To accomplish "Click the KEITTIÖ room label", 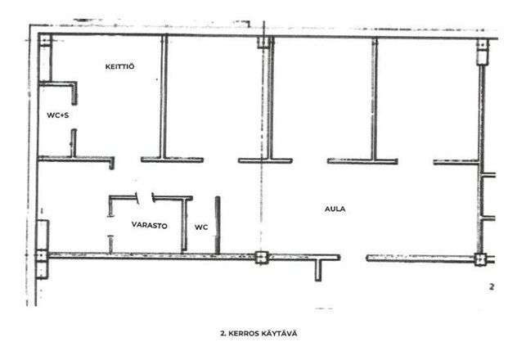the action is tap(119, 66).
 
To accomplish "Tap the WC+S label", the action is tap(58, 115).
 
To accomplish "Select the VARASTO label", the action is tap(150, 225).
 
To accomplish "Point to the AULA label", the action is tap(335, 209).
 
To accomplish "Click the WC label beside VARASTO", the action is tap(201, 227).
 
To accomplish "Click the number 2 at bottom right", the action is tap(492, 287).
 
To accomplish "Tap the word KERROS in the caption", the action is tap(243, 334).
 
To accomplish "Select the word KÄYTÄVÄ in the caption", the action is tap(279, 334).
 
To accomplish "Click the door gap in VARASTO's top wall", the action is tap(145, 198).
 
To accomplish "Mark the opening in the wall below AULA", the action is tap(353, 258).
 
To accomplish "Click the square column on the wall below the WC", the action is tap(262, 258).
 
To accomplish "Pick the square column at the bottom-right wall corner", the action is tap(480, 259).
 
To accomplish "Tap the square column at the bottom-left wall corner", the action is tap(42, 255).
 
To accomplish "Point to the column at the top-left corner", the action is tap(45, 40).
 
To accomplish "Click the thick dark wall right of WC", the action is tap(218, 225).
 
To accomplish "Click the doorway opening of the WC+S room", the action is tap(74, 117).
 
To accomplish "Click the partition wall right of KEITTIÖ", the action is tap(164, 97).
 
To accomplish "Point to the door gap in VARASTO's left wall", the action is tap(110, 226).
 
